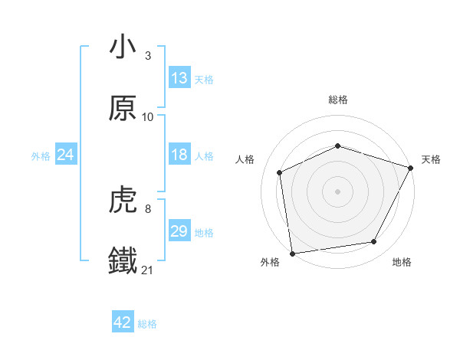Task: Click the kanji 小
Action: (123, 47)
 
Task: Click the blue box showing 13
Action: (179, 78)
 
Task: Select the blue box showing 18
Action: (179, 155)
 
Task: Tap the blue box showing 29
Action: (179, 231)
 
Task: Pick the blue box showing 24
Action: (65, 155)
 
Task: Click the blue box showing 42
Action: (123, 323)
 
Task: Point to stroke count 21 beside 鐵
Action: (148, 270)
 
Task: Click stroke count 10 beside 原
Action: (148, 116)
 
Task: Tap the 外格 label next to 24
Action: (41, 155)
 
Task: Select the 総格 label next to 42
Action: (147, 324)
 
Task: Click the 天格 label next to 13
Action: (204, 79)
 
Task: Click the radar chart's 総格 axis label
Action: (338, 100)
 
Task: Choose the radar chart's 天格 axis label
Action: (431, 159)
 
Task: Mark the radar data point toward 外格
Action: (291, 253)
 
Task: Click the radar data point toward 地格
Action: (374, 242)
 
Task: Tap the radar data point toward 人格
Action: (280, 172)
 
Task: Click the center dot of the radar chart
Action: (337, 191)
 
